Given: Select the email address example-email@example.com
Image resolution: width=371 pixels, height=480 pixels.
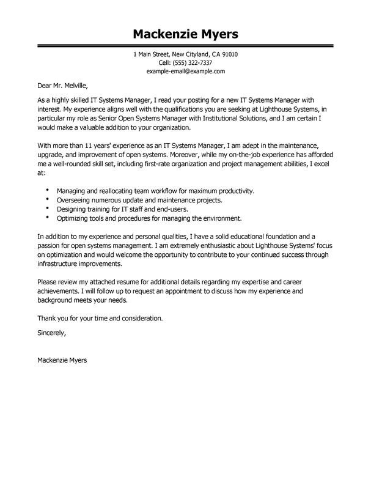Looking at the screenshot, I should [x=186, y=72].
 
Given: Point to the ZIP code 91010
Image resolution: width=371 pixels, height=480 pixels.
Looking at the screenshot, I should [x=229, y=54].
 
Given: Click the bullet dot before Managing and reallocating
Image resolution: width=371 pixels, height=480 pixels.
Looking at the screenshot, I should [x=48, y=191].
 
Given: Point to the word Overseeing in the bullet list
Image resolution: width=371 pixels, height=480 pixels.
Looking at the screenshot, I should [x=75, y=201].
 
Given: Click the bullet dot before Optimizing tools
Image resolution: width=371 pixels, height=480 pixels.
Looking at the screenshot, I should [x=48, y=218].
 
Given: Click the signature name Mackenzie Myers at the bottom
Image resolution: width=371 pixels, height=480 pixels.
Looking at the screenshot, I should [x=62, y=360].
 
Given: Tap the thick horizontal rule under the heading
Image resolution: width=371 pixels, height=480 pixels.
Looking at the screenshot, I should [x=185, y=45].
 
